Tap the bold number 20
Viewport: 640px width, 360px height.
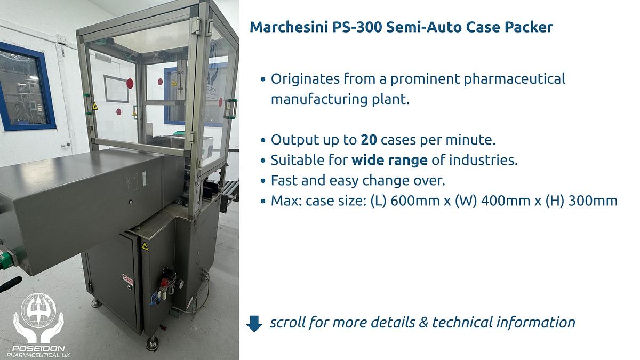(369, 140)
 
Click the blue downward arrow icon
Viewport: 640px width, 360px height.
(254, 323)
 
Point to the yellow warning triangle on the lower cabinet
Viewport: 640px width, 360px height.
(145, 246)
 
